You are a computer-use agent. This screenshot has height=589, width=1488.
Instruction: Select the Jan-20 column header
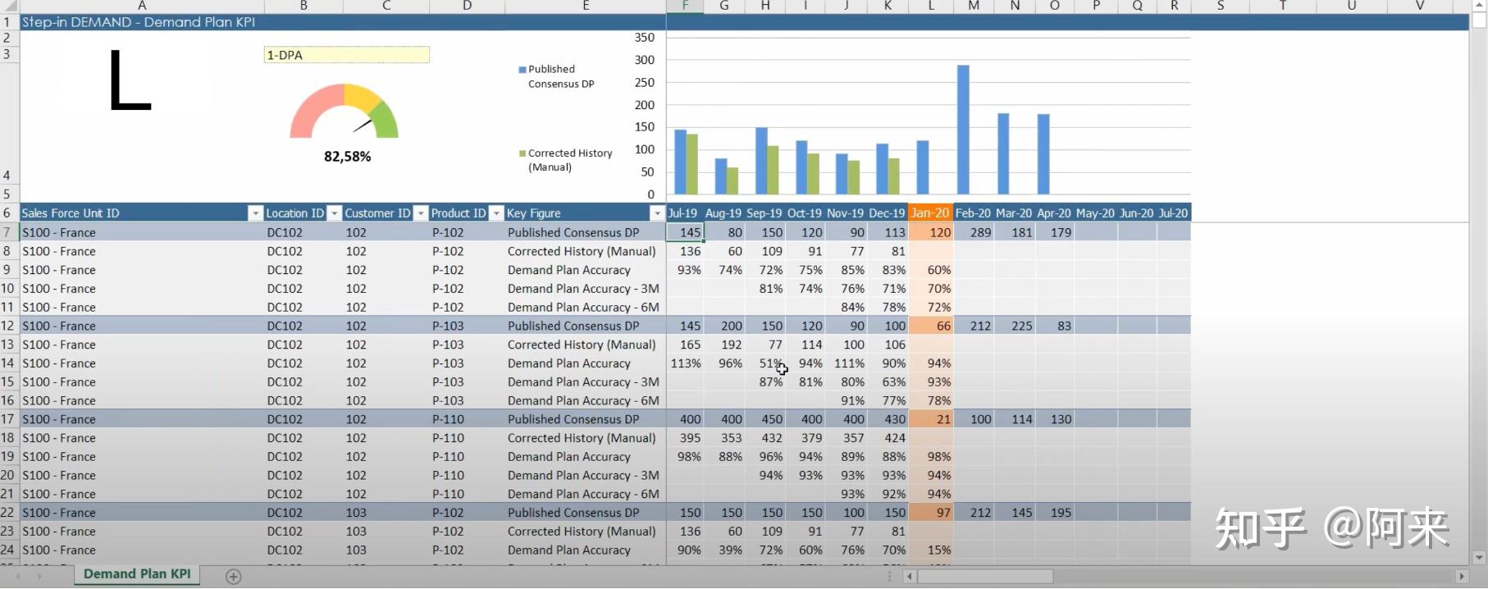[930, 213]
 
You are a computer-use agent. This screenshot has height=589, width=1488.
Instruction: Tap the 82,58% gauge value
[347, 157]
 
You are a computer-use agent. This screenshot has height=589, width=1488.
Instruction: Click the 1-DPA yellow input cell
[346, 55]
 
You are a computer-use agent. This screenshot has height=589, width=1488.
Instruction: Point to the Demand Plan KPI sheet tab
[137, 574]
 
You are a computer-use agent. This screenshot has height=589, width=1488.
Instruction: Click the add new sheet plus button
[234, 577]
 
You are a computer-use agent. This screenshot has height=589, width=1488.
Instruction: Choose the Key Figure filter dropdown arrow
[656, 214]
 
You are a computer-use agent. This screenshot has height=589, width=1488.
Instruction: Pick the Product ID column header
[458, 213]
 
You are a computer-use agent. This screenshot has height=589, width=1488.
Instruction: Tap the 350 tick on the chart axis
[645, 38]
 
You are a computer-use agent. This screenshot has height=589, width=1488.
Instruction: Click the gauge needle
[363, 126]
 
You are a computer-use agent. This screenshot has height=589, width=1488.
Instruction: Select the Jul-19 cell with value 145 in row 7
[686, 233]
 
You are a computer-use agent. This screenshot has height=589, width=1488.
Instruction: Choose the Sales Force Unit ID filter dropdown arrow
[255, 214]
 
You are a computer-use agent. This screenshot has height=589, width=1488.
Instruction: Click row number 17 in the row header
[8, 419]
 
